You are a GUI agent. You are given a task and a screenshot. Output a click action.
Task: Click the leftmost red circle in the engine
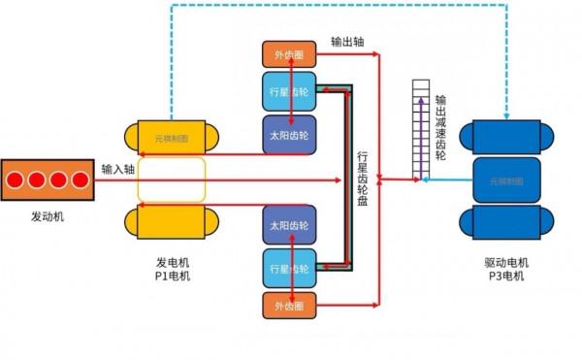coord(17,180)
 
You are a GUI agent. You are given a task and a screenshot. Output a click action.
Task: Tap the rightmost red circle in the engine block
coord(80,180)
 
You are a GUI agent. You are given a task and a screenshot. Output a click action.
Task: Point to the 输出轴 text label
coord(347,43)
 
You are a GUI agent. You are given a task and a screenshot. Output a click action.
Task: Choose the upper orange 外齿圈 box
coord(289,54)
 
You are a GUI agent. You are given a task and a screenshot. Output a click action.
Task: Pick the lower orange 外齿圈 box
coord(289,306)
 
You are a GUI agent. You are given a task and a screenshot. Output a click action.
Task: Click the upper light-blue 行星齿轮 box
coord(289,93)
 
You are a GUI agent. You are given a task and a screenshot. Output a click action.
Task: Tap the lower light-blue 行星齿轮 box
coord(289,267)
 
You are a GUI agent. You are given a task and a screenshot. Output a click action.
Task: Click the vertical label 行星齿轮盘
coord(363,180)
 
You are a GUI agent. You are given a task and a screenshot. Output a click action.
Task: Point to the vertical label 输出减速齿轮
coord(440,126)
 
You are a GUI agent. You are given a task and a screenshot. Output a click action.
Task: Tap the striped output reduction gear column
coord(419,130)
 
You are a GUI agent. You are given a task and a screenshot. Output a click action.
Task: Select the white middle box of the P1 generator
coord(172,180)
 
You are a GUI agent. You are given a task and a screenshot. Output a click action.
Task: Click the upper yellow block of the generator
coord(172,139)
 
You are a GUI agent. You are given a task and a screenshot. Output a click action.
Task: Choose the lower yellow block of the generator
coord(172,221)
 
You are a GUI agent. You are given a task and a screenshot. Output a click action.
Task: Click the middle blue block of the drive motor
coord(505,180)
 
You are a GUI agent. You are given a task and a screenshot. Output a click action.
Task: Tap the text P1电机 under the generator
coord(173,277)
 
